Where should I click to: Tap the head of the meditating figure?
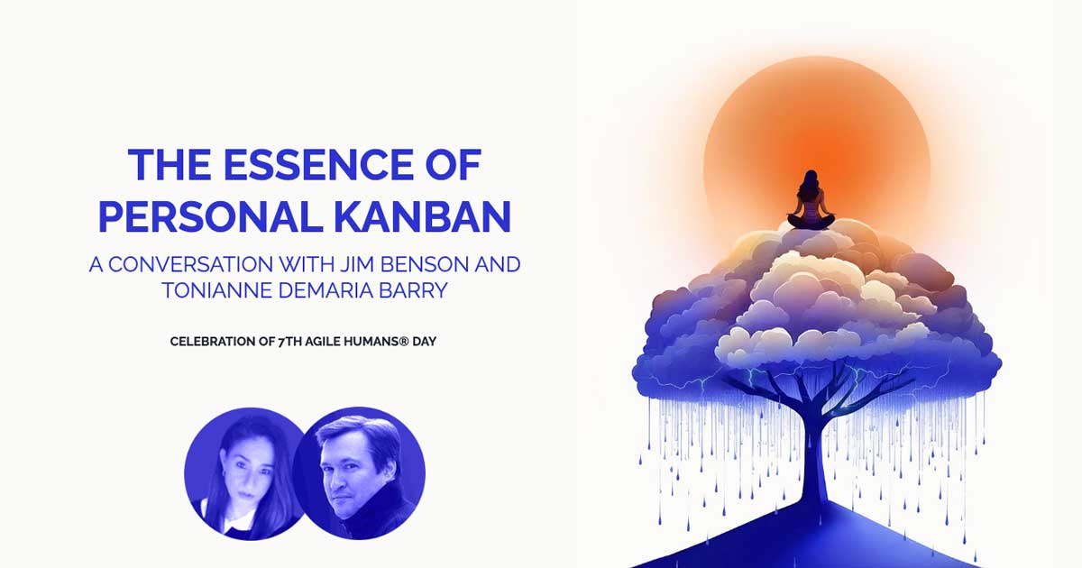coord(810,179)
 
